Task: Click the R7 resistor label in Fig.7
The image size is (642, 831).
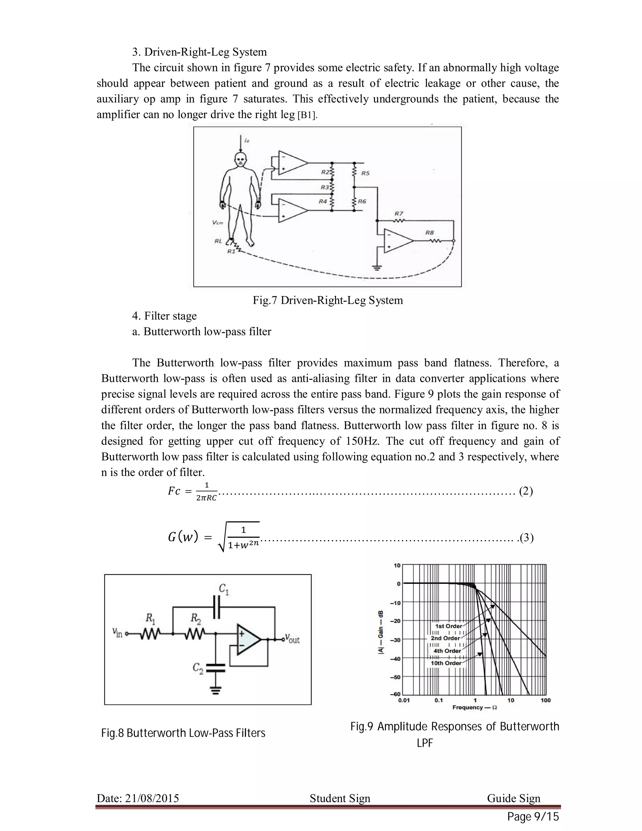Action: (x=399, y=214)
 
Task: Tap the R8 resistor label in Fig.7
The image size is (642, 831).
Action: (x=430, y=232)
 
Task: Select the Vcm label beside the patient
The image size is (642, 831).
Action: (x=218, y=222)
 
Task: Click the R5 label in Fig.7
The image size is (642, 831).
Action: (x=365, y=173)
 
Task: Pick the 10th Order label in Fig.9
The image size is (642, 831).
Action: (x=446, y=663)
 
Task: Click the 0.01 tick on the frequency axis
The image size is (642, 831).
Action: (x=404, y=700)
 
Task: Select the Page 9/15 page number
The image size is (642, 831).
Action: (x=533, y=817)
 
